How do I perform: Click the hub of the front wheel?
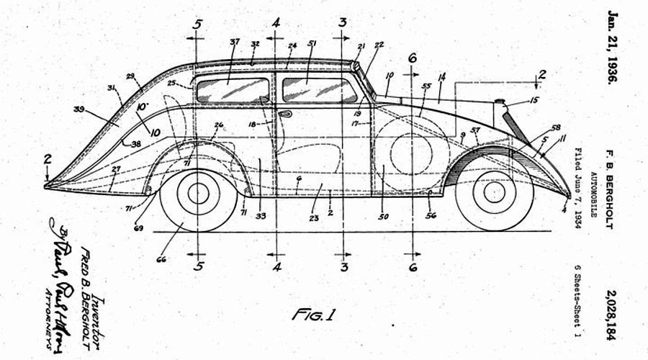494,192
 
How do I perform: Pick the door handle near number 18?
285,114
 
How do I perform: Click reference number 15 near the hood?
533,100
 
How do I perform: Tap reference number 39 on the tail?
79,109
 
